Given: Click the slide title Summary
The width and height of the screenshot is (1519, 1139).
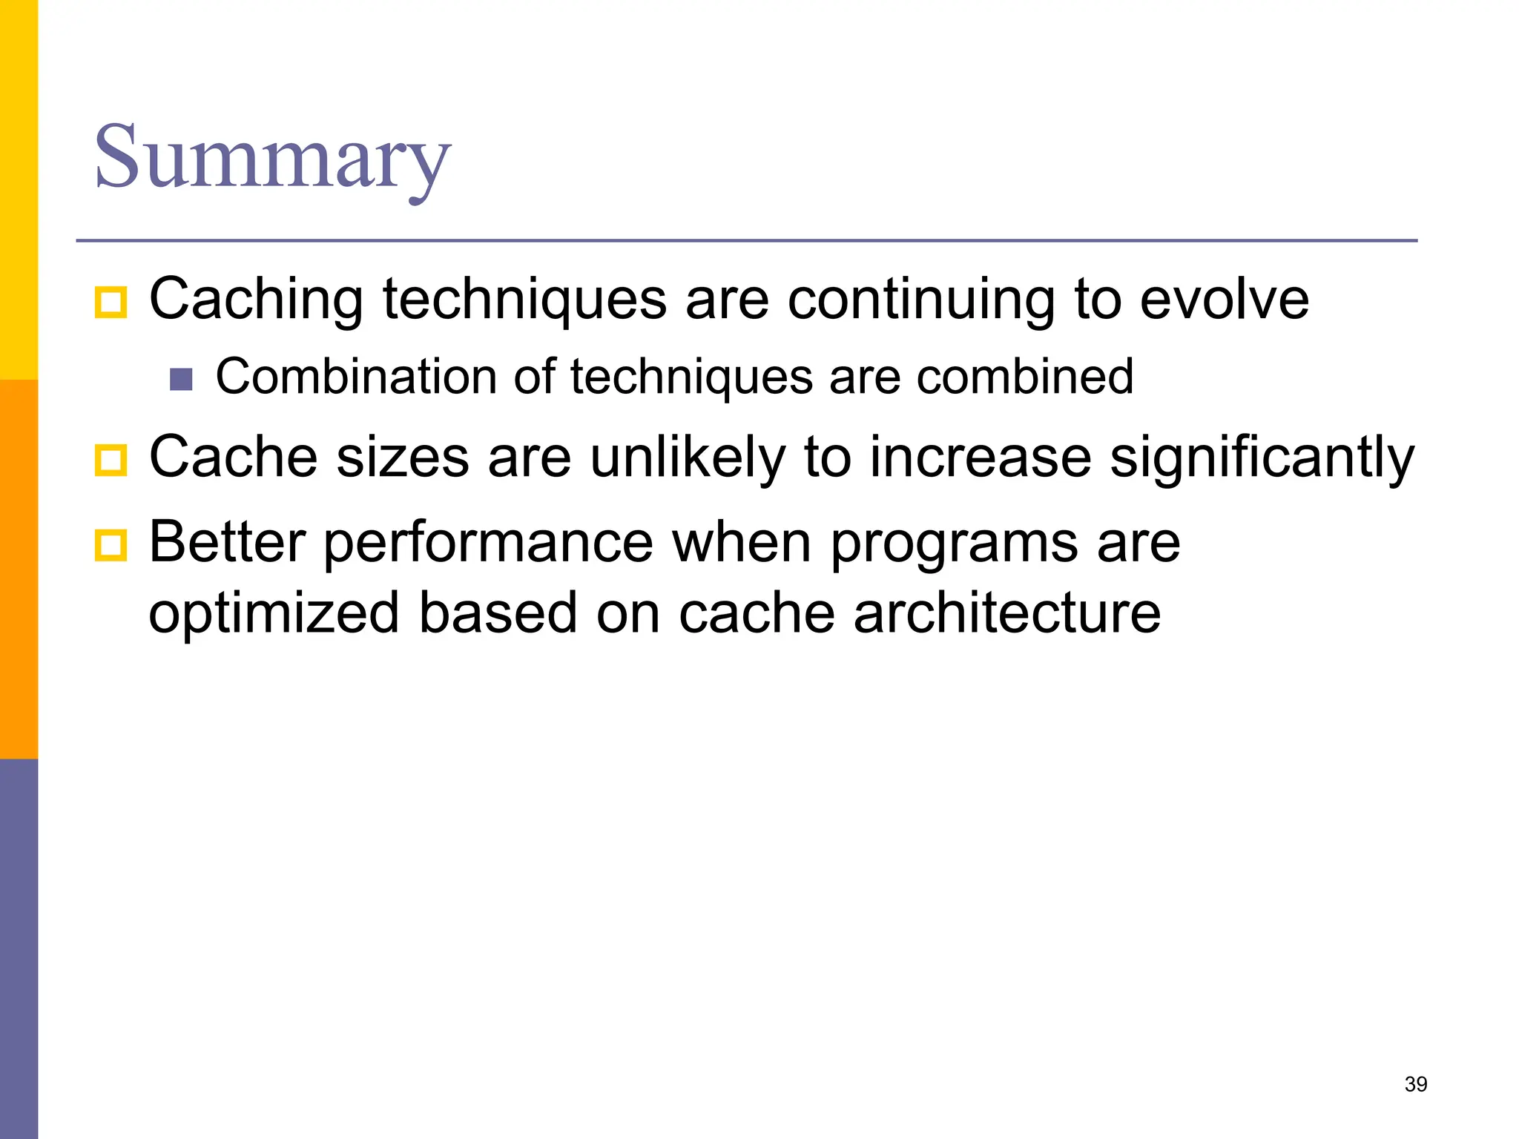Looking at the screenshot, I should [x=272, y=157].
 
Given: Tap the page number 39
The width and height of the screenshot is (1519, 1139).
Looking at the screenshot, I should [x=1415, y=1084].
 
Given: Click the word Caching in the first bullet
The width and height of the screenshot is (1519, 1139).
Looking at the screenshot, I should [x=256, y=300].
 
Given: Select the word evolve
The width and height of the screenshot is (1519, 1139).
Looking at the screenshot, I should [x=1224, y=300].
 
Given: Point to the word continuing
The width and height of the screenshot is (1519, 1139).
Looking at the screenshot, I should [x=920, y=300].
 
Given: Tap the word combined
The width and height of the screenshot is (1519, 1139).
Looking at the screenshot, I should [x=1024, y=377].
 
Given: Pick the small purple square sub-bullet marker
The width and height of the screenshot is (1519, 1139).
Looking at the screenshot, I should [x=181, y=379].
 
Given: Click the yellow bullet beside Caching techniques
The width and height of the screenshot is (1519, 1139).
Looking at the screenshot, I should [x=111, y=303].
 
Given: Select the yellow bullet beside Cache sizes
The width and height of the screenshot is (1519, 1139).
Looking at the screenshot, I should [x=111, y=460].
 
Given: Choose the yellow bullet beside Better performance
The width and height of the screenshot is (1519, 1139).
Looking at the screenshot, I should [x=111, y=546].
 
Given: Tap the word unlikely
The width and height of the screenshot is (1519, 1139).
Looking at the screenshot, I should [x=687, y=458].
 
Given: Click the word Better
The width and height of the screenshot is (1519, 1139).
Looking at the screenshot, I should [x=227, y=542].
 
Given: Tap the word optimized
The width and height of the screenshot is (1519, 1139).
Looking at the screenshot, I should [x=274, y=613].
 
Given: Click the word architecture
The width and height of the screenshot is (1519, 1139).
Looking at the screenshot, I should [x=1006, y=613].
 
